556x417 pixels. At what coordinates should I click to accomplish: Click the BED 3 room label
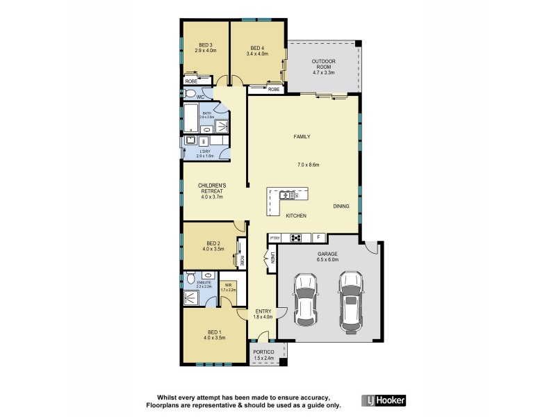[x=206, y=45]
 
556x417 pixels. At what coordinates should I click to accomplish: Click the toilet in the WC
[x=190, y=94]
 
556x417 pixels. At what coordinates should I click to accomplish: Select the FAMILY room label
[x=302, y=137]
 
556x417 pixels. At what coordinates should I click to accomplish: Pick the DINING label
[x=341, y=206]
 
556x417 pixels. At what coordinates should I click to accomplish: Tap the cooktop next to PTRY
[x=296, y=238]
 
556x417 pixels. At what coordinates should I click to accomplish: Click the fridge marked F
[x=319, y=238]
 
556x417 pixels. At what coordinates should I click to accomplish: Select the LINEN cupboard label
[x=273, y=261]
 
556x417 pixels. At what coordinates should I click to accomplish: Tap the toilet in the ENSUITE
[x=191, y=278]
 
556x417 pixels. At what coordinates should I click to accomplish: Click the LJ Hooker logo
[x=384, y=400]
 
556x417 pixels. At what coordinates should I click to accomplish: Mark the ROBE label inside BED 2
[x=242, y=261]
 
